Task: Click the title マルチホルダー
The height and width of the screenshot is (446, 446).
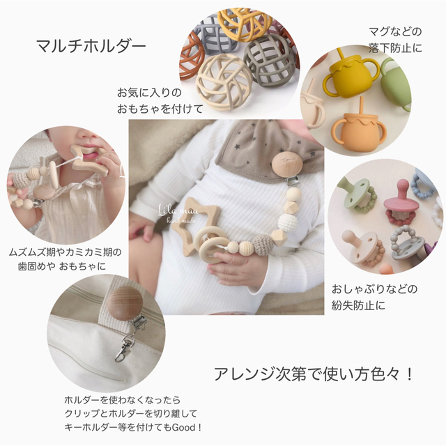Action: point(91,47)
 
